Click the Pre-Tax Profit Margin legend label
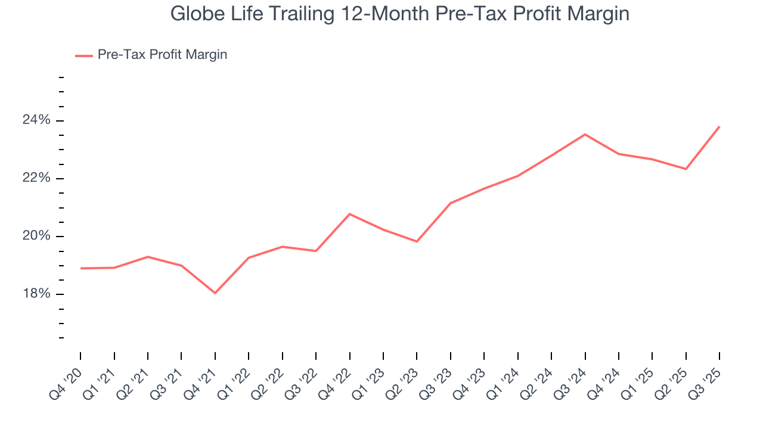tap(162, 55)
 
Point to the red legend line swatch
tap(83, 55)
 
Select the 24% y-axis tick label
tap(36, 121)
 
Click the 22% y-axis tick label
tap(36, 179)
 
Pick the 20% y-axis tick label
tap(36, 237)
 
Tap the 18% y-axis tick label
tap(36, 294)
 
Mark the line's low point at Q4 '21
tap(215, 293)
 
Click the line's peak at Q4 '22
tap(349, 214)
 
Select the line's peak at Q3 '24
tap(585, 134)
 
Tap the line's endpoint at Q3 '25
tap(719, 126)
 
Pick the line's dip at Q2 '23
tap(417, 241)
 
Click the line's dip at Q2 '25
tap(686, 169)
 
